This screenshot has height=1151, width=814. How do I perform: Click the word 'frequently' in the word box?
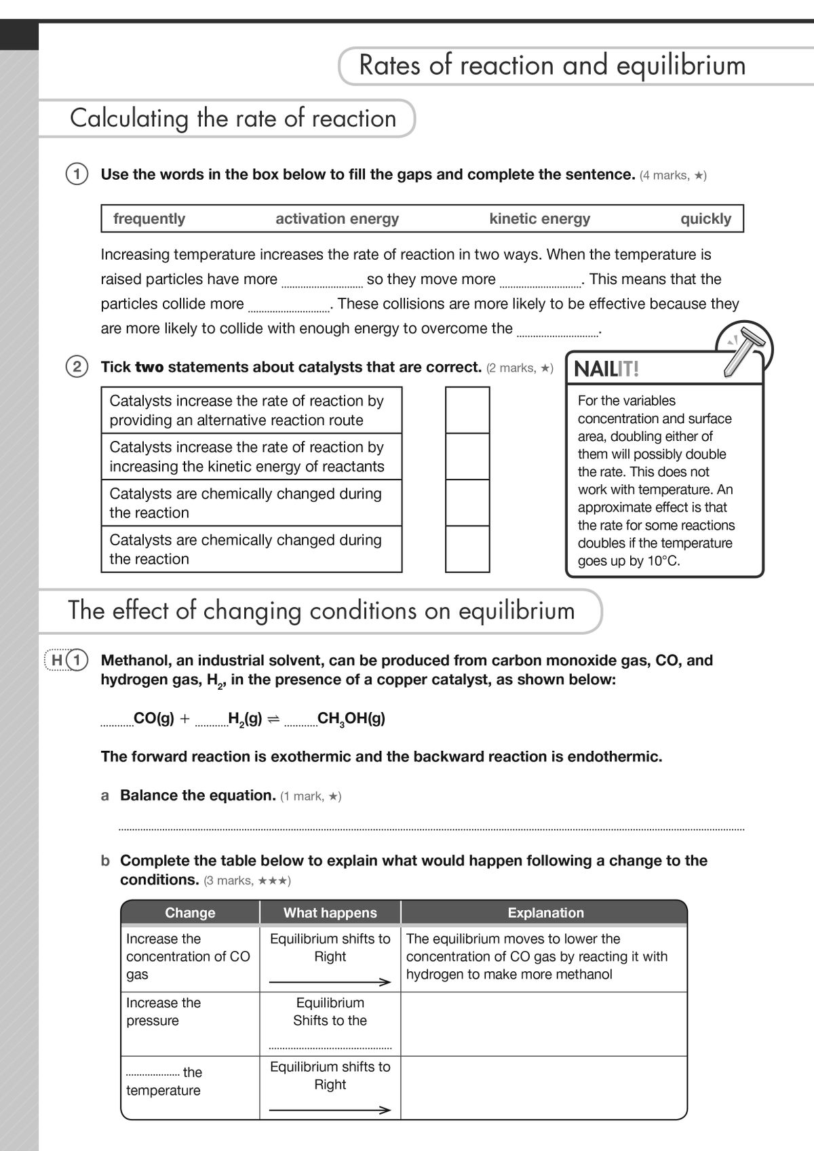pos(149,218)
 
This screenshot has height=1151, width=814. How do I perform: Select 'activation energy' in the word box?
pos(337,218)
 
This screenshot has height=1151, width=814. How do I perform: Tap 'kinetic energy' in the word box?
pos(539,218)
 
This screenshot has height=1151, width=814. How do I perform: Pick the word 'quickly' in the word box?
pos(705,218)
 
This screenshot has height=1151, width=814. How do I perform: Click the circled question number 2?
pos(77,367)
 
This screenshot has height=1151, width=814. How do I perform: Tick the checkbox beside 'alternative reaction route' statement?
pos(467,410)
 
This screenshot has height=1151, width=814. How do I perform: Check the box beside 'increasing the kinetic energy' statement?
pos(467,456)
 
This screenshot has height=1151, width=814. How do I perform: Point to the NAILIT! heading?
pos(606,370)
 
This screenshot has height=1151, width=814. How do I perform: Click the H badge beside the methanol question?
pos(58,660)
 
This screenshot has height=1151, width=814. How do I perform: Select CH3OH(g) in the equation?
pos(351,719)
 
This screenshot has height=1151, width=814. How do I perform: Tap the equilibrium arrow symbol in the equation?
pos(273,720)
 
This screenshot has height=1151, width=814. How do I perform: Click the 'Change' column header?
pos(190,912)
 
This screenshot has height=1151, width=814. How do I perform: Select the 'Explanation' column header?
pos(545,912)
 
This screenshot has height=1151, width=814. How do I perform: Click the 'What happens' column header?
pos(330,912)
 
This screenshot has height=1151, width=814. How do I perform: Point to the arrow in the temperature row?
pos(330,1110)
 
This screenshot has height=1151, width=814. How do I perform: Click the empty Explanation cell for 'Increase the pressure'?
pos(543,1023)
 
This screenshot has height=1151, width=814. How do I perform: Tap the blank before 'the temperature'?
pos(153,1074)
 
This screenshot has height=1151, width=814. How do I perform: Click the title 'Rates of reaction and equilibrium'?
pos(551,65)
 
